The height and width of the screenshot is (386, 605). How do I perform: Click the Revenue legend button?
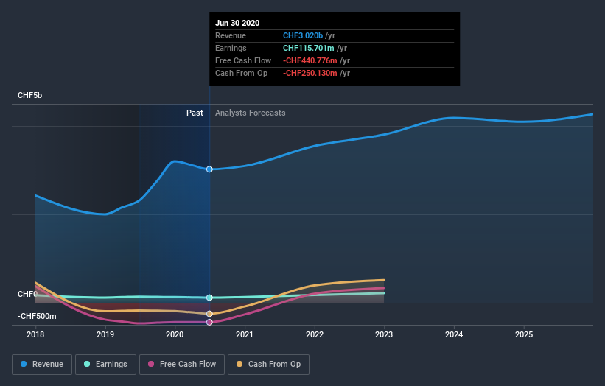pos(43,364)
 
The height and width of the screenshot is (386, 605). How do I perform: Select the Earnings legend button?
pos(105,364)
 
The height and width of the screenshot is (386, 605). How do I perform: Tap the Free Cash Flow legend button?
pos(181,364)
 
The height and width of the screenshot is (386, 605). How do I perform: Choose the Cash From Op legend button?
pos(268,364)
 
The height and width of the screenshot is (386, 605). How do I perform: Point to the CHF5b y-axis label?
pos(31,96)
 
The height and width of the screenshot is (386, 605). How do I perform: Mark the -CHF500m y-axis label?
pos(37,316)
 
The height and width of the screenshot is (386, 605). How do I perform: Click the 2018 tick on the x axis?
pos(35,334)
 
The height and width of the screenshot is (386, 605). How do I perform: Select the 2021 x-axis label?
pos(245,334)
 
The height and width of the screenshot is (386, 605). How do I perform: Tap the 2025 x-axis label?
pos(524,334)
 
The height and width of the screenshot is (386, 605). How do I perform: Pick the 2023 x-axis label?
pos(384,334)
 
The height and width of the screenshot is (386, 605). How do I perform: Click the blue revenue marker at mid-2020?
pos(209,169)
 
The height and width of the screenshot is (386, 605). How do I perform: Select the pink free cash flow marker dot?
pos(209,322)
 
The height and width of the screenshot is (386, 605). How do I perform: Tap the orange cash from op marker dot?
pos(209,314)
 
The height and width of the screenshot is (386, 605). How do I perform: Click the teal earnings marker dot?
pos(209,298)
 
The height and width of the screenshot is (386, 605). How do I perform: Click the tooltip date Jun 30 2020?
pos(237,23)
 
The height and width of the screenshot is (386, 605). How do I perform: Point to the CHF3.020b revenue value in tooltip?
pos(304,35)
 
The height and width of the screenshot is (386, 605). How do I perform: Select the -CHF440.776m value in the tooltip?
pos(311,60)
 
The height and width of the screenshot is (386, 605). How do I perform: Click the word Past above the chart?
pos(195,113)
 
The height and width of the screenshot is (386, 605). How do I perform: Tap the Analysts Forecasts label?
pos(250,113)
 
